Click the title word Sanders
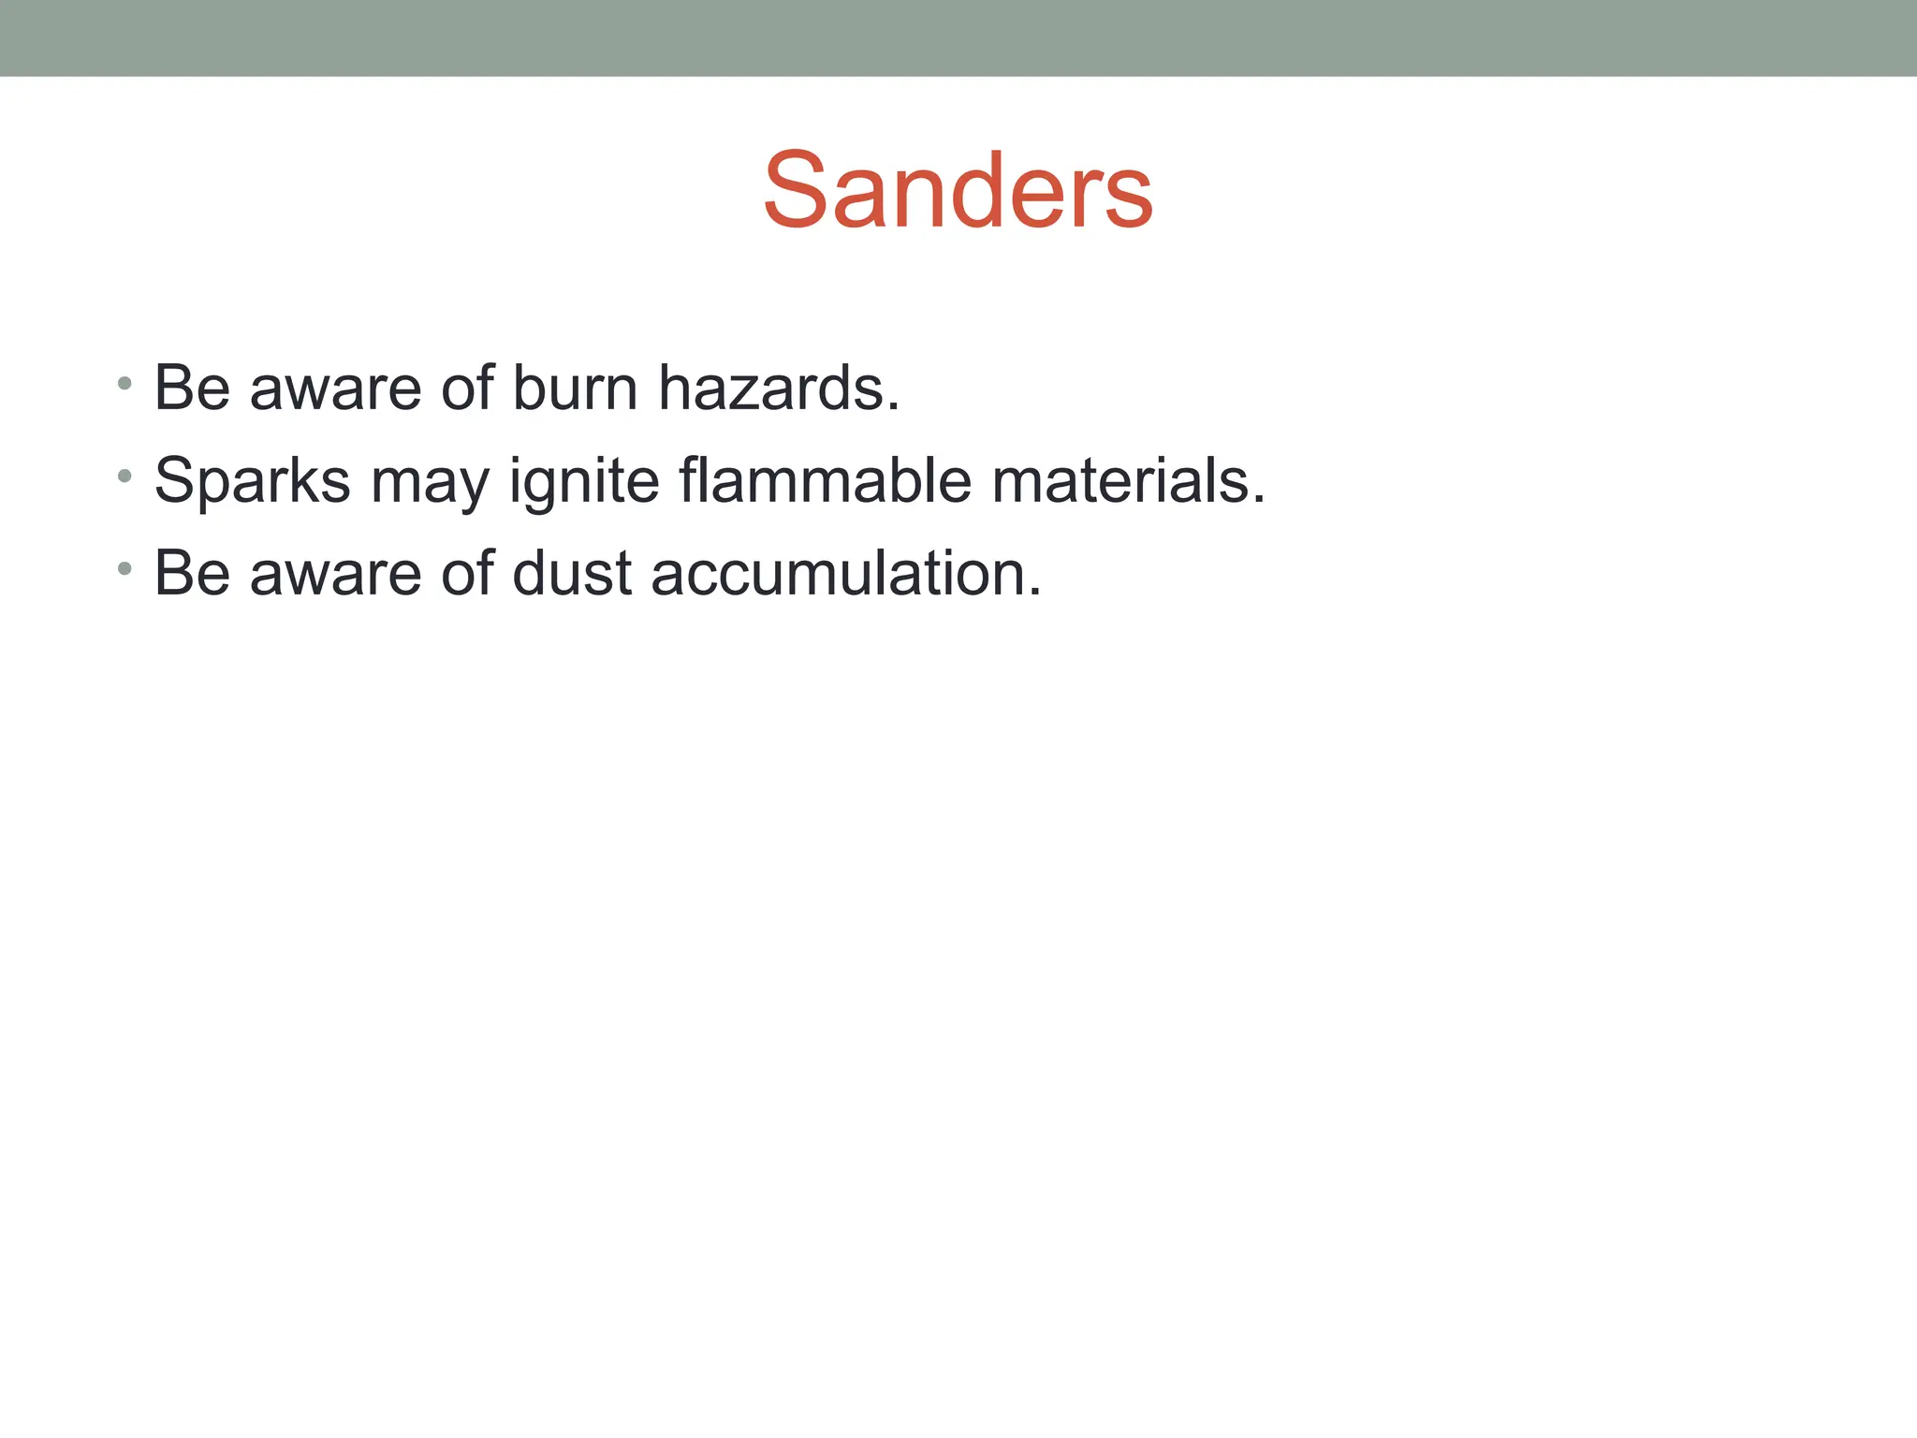click(x=958, y=191)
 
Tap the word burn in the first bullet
click(x=575, y=389)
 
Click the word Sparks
click(x=252, y=481)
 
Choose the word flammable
click(x=825, y=480)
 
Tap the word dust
click(x=572, y=573)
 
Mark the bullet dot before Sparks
click(x=124, y=477)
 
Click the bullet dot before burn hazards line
click(x=124, y=384)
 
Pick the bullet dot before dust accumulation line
click(x=124, y=568)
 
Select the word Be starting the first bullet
click(x=192, y=389)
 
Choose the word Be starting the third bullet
click(x=192, y=573)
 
